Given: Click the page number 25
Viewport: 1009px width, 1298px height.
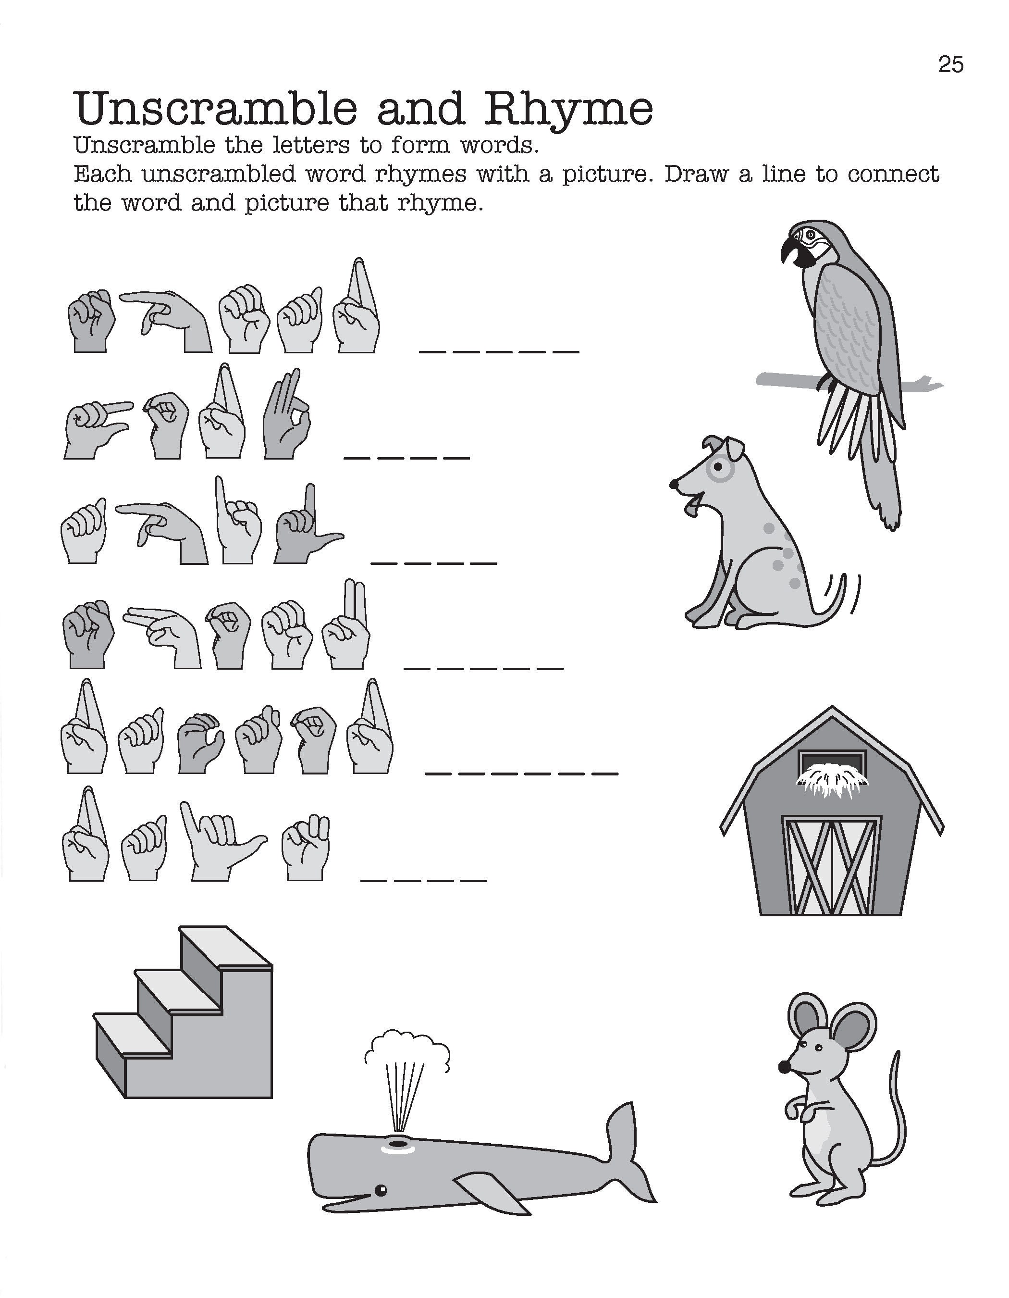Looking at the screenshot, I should click(x=950, y=64).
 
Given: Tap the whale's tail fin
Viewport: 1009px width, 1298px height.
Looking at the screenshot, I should click(x=627, y=1150).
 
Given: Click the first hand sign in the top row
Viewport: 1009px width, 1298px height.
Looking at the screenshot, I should click(x=90, y=321).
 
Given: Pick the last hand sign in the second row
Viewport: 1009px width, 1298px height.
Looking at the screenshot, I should click(x=286, y=414).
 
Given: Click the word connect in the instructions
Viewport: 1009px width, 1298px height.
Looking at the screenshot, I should click(x=893, y=174).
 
